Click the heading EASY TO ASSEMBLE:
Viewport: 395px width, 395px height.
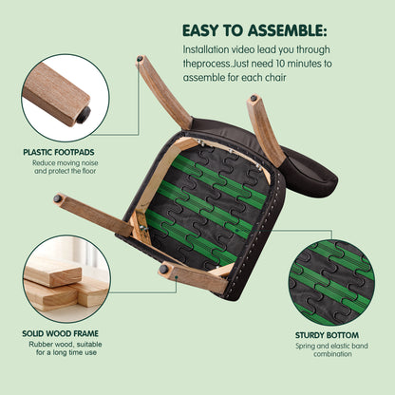click(x=254, y=30)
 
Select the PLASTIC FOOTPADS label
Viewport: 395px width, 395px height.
click(x=59, y=152)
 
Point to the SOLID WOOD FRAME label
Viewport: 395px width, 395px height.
click(x=60, y=333)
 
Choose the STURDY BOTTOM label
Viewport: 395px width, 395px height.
click(x=327, y=335)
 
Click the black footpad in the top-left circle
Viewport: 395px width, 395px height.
click(x=84, y=115)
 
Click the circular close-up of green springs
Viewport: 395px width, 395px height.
click(x=331, y=282)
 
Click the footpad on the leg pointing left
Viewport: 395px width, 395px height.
click(x=57, y=198)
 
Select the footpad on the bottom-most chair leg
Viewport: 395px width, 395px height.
click(x=163, y=269)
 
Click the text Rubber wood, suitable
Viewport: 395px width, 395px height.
click(x=66, y=344)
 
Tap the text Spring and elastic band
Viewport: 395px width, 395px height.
click(x=331, y=346)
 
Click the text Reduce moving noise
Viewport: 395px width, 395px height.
click(x=66, y=163)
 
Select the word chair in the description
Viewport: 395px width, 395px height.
click(x=275, y=78)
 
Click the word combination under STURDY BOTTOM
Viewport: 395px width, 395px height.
click(x=332, y=354)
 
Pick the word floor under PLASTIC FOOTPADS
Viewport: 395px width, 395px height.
click(x=89, y=171)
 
